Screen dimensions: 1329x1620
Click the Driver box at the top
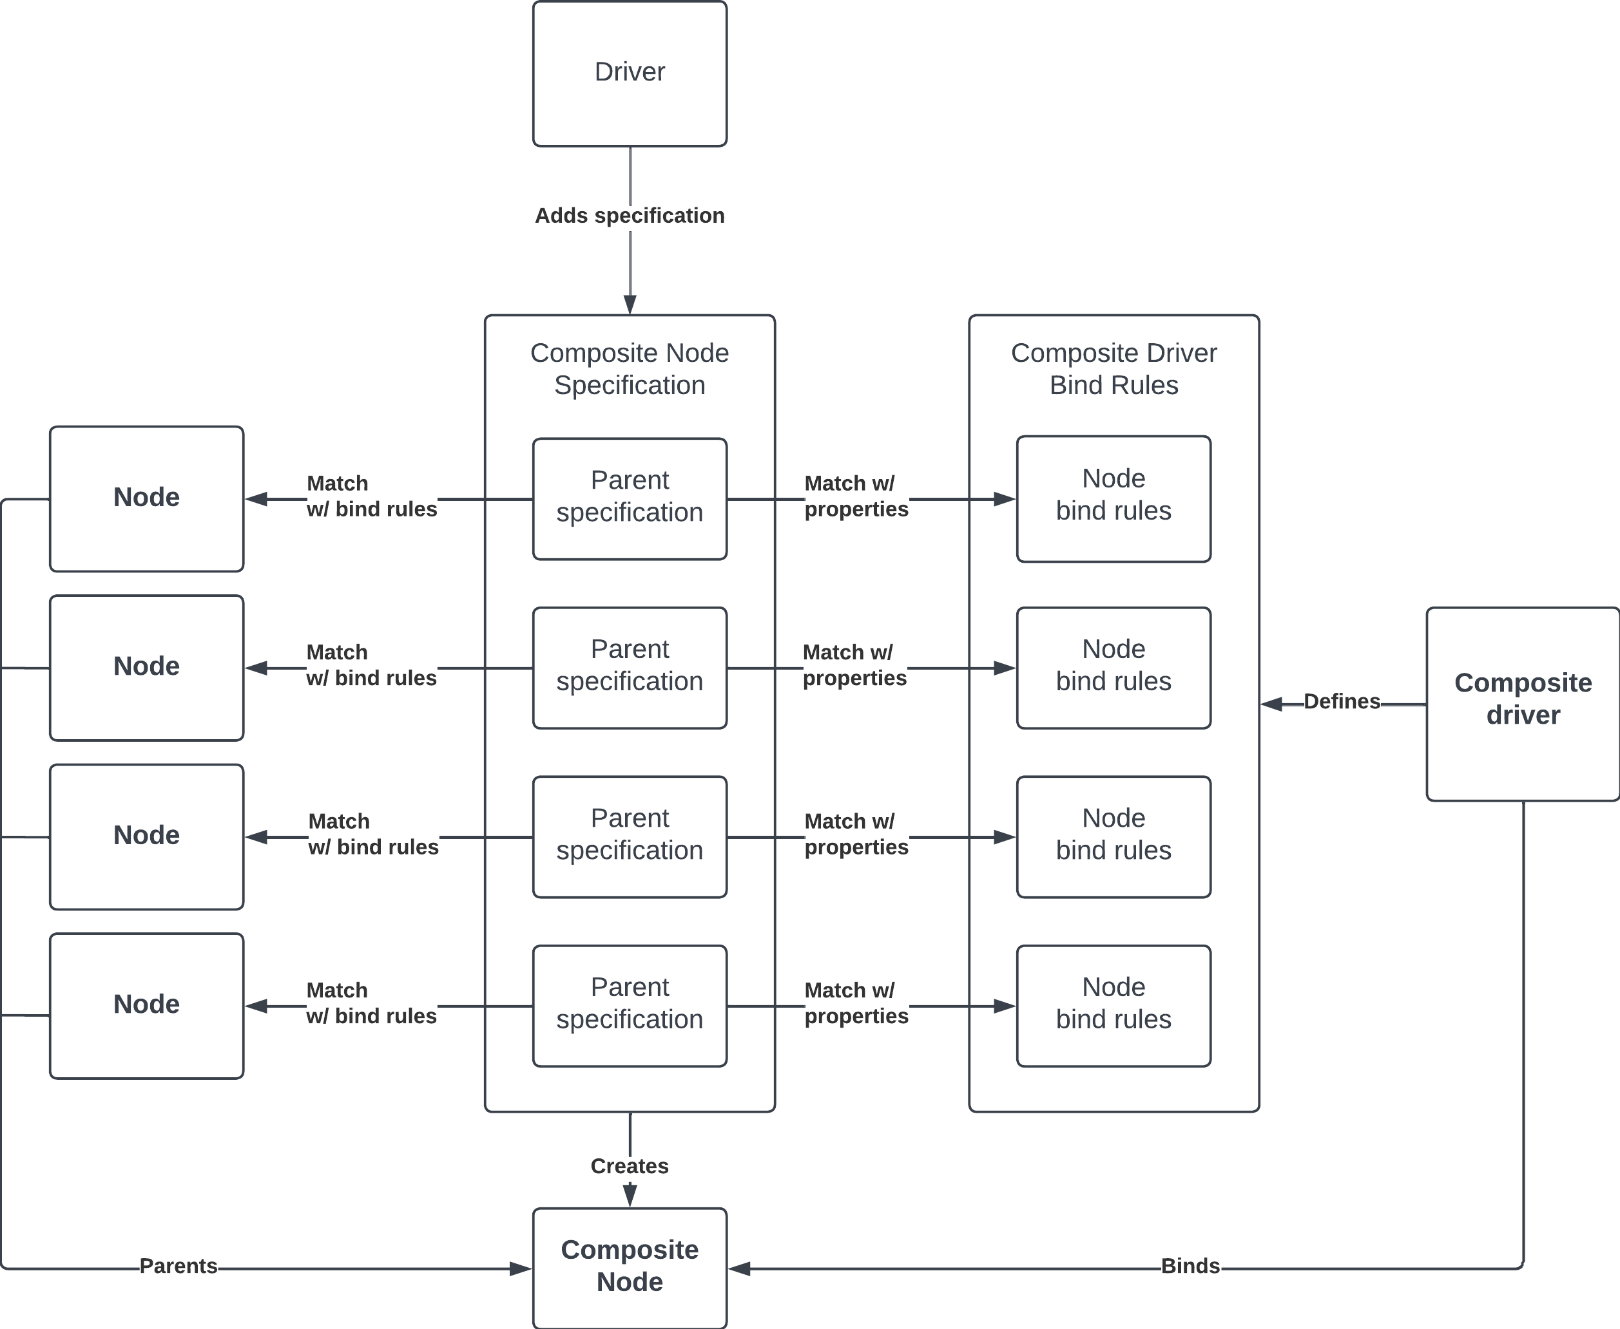point(630,73)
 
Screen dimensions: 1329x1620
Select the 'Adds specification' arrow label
point(630,216)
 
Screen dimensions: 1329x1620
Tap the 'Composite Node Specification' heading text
point(630,369)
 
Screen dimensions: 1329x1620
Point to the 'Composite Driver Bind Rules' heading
point(1114,369)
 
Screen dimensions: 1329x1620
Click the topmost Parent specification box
point(630,499)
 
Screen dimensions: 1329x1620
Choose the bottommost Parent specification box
point(630,1006)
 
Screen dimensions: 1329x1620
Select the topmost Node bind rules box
point(1114,499)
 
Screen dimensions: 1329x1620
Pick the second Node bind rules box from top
point(1114,668)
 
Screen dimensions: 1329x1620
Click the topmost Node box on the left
point(146,499)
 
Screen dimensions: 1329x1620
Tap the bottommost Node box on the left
point(146,1006)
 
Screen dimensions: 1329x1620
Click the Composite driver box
point(1523,704)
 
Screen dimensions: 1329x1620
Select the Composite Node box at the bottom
point(630,1268)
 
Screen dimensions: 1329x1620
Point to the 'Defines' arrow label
point(1342,701)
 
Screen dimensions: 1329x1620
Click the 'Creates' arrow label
point(630,1166)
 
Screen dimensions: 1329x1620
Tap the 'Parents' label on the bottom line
point(178,1265)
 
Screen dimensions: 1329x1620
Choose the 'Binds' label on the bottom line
point(1190,1265)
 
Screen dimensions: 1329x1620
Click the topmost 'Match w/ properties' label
point(856,496)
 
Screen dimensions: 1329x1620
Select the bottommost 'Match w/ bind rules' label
point(371,1003)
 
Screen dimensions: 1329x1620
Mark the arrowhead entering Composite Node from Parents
point(521,1268)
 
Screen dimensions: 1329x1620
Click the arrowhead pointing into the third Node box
point(256,837)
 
